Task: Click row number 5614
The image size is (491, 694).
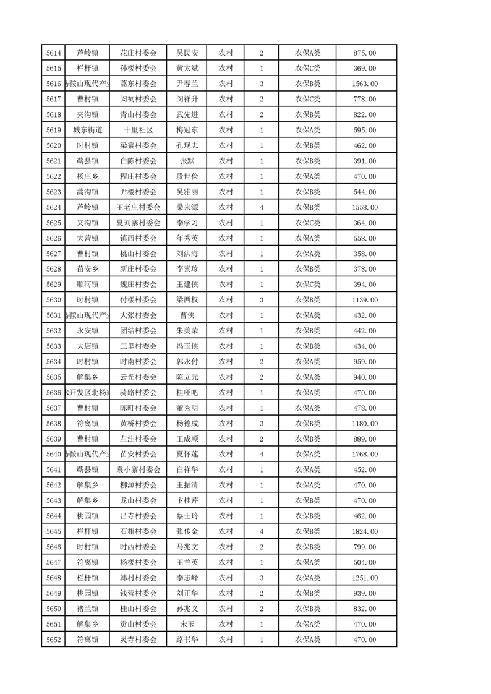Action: (x=53, y=53)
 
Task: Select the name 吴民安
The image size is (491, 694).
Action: (x=187, y=53)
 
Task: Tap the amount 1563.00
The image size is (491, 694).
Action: (x=365, y=84)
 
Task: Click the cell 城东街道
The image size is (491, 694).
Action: (x=87, y=131)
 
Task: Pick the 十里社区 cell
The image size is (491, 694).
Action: (x=138, y=131)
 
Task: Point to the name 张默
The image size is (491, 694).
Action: (x=187, y=161)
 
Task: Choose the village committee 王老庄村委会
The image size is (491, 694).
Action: (x=138, y=208)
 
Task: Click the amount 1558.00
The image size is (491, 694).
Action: (x=365, y=208)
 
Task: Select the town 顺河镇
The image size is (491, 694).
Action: (x=87, y=285)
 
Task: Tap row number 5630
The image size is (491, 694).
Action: (x=53, y=300)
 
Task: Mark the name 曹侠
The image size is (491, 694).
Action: (x=187, y=315)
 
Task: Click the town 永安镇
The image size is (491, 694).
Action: (x=87, y=331)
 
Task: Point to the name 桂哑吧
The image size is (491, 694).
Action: (x=187, y=393)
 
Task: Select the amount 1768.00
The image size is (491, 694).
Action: (x=365, y=455)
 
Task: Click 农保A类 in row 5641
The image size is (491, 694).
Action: (x=307, y=469)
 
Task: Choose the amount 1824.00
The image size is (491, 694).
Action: (x=365, y=531)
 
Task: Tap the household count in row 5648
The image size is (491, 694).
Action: (x=262, y=578)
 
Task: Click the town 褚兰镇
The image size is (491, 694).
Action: (x=87, y=609)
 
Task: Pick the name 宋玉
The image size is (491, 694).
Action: (x=187, y=624)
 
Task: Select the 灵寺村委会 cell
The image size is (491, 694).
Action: (x=138, y=640)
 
